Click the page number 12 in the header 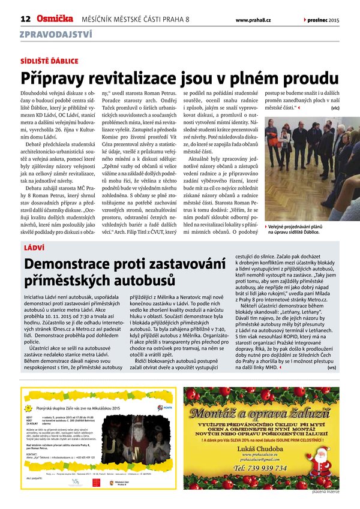[x=25, y=19]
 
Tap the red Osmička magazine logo [x=55, y=19]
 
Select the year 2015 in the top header [x=334, y=20]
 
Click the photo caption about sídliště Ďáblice [x=302, y=228]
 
